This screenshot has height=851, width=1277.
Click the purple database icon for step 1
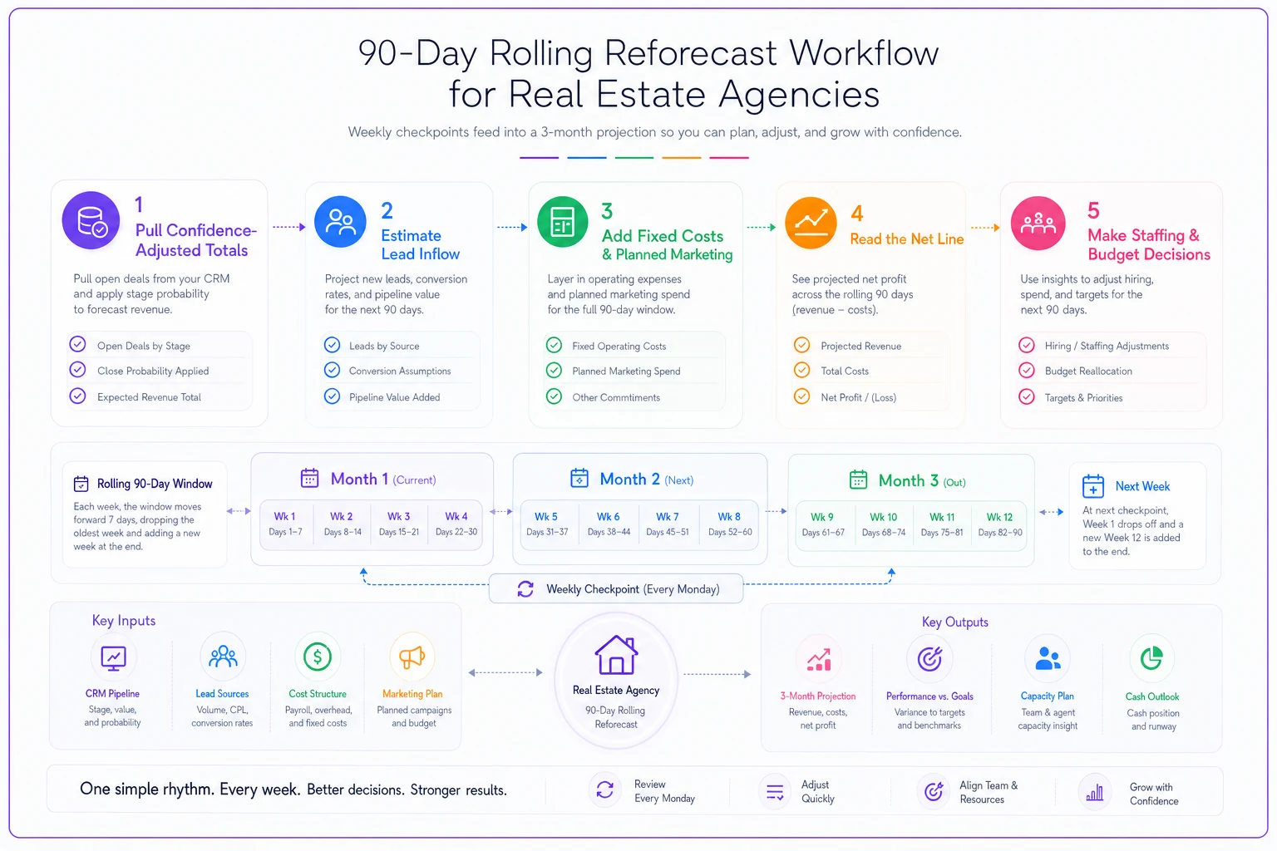coord(91,220)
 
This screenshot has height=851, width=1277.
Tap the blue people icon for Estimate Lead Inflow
coord(340,222)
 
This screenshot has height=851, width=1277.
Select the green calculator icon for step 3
coord(562,222)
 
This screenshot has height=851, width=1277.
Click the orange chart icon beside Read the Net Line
coord(811,223)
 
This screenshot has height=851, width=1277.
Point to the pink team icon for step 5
coord(1038,223)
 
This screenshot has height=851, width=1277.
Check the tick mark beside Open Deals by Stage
coord(77,344)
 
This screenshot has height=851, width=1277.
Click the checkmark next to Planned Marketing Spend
coord(554,371)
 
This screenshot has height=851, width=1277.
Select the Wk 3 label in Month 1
coord(398,516)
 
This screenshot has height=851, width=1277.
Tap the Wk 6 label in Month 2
coord(608,516)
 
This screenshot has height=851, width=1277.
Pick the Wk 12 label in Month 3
coord(999,517)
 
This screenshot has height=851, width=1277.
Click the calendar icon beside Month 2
coord(579,478)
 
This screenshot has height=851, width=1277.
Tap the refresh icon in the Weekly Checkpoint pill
coord(525,589)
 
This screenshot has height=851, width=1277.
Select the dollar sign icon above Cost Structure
coord(318,657)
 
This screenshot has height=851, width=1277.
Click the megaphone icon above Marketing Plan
coord(412,657)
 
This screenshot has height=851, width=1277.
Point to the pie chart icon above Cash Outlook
coord(1151,658)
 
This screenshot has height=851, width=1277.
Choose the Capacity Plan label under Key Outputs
coord(1047,696)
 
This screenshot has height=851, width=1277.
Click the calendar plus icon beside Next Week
coord(1093,486)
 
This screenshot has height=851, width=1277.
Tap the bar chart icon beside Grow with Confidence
coord(1095,792)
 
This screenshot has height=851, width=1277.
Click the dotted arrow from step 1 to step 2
coord(289,227)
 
